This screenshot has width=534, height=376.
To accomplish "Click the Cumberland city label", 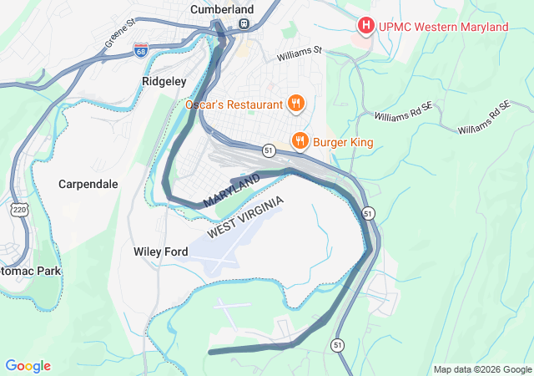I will (221, 8).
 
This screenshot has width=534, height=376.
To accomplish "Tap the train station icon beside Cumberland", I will (244, 24).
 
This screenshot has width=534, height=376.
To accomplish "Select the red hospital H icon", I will (365, 27).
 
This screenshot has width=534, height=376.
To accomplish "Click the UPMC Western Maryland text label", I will (443, 28).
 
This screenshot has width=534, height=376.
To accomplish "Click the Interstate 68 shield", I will (141, 52).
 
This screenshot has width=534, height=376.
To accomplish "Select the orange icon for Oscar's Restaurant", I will (295, 104).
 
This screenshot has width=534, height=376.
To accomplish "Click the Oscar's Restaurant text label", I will (233, 104).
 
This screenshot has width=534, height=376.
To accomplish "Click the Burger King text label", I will (344, 141).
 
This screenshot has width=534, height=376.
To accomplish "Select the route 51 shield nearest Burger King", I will (268, 150).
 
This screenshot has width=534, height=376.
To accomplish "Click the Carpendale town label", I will (88, 184).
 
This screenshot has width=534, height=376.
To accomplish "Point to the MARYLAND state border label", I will (231, 191).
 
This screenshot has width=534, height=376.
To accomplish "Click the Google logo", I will (28, 366).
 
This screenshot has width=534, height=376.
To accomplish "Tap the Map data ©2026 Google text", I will (481, 369).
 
